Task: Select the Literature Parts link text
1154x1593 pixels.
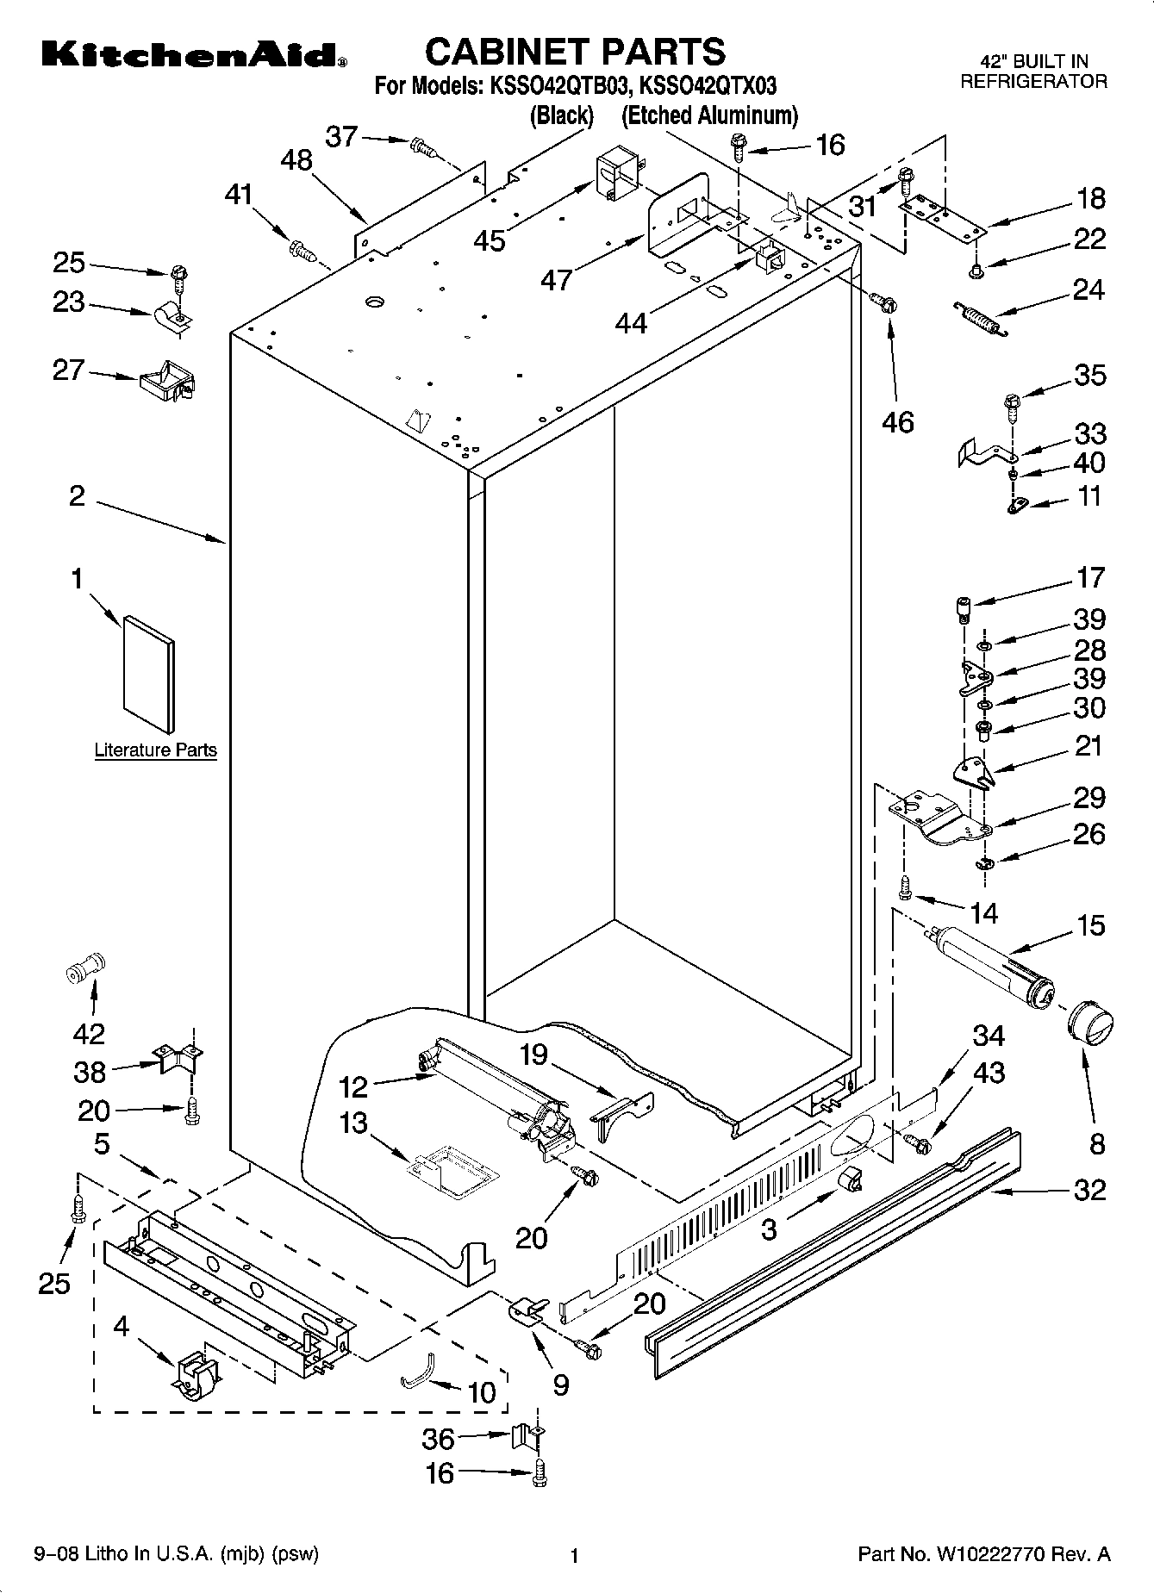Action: (155, 750)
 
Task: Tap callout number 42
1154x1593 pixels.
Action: (89, 1034)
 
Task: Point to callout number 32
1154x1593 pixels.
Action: (1089, 1190)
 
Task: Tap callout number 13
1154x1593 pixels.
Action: (353, 1123)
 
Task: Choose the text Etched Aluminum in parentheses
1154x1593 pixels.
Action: (709, 115)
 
